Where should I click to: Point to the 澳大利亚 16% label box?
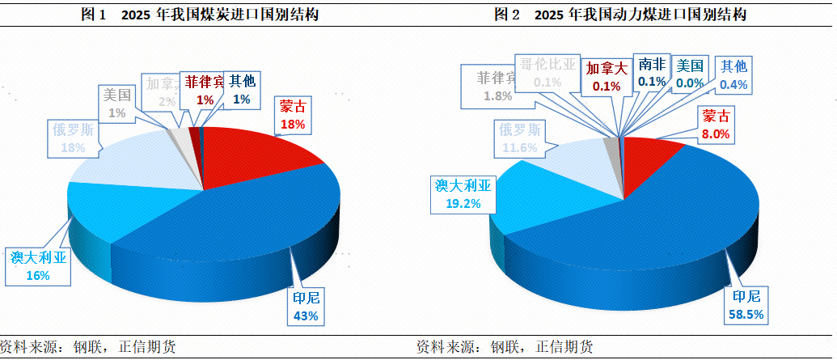[37, 266]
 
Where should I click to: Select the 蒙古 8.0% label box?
[716, 125]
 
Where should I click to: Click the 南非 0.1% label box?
[651, 72]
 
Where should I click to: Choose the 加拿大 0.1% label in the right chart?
[606, 75]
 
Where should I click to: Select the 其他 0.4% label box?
[734, 74]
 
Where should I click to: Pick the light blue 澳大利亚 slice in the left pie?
[105, 206]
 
